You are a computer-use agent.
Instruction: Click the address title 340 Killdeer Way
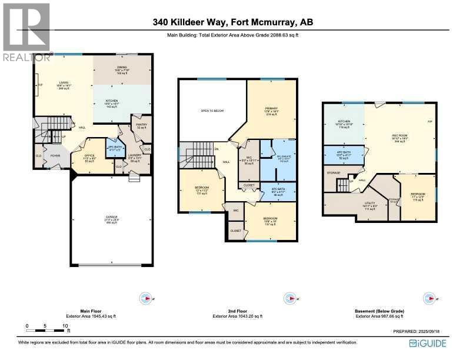(x=232, y=22)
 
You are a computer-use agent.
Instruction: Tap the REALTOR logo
(x=26, y=32)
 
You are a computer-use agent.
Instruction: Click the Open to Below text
(x=212, y=111)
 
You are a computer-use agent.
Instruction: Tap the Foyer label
(x=55, y=156)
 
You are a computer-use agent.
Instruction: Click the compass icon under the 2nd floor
(x=288, y=298)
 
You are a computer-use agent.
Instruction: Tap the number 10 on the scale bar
(x=64, y=325)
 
